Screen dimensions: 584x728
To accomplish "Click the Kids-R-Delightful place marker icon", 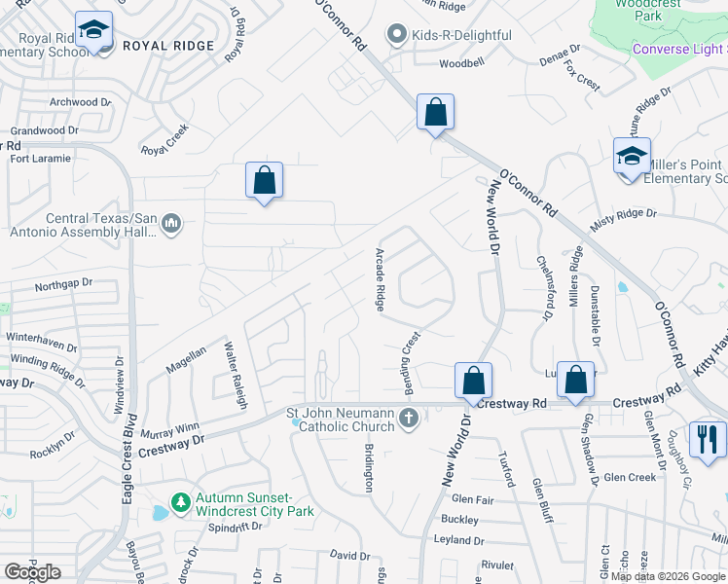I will (x=396, y=36).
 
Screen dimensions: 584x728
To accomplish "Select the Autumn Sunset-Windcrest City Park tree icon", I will (x=179, y=502).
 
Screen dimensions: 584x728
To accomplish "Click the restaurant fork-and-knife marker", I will (x=708, y=438).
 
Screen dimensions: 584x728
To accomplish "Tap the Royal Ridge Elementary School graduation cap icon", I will (x=93, y=32).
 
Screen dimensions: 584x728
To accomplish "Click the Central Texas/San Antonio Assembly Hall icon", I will (x=171, y=225).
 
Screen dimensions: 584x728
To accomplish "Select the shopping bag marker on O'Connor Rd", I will (x=435, y=111).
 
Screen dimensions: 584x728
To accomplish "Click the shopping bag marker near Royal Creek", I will (x=264, y=180).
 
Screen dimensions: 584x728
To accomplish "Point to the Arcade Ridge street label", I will (x=381, y=279).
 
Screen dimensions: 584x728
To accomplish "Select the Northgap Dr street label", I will (x=62, y=284).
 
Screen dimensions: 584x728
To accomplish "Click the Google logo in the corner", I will (x=32, y=572).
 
